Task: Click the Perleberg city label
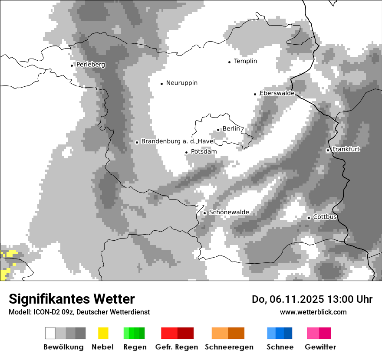(x=91, y=65)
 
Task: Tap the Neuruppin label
(x=181, y=83)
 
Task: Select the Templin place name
(x=245, y=61)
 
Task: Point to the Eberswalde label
(x=277, y=93)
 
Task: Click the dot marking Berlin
(x=218, y=129)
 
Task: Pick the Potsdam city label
(x=204, y=152)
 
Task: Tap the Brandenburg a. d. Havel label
(x=178, y=141)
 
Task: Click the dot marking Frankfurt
(x=328, y=150)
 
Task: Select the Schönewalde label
(x=229, y=212)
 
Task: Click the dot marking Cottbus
(x=309, y=218)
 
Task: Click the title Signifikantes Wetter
(x=72, y=299)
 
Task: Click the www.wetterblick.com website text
(x=313, y=312)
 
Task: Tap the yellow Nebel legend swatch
(x=103, y=333)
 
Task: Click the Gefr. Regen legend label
(x=177, y=347)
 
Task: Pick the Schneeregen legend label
(x=229, y=347)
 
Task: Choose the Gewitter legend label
(x=320, y=347)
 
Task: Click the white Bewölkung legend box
(x=50, y=333)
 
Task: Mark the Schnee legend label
(x=280, y=347)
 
